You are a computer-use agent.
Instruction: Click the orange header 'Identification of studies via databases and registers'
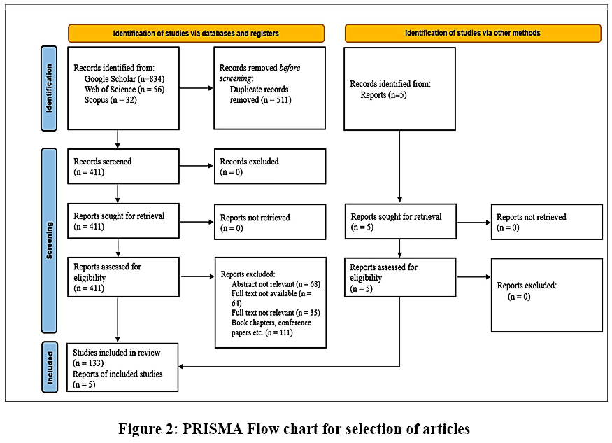[x=196, y=33]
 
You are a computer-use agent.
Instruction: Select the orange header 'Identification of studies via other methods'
[x=473, y=33]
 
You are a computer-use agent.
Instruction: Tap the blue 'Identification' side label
[x=49, y=88]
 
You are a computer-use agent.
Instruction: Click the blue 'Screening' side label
[x=49, y=240]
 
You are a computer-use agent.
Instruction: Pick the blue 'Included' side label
[x=50, y=367]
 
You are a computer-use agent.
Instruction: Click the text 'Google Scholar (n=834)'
[x=124, y=78]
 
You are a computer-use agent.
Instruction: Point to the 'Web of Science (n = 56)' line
[x=124, y=89]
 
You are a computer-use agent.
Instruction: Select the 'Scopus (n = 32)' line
[x=111, y=99]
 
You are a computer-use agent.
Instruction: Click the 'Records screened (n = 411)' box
[x=123, y=167]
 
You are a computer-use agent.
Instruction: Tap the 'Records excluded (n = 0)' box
[x=270, y=167]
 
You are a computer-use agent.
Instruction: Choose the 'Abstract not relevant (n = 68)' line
[x=276, y=284]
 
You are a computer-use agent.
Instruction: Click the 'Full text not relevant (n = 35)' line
[x=276, y=313]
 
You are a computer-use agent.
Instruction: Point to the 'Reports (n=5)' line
[x=383, y=95]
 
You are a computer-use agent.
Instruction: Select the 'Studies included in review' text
[x=116, y=352]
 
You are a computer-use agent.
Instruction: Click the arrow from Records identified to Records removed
[x=197, y=88]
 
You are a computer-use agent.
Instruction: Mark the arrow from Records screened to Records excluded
[x=197, y=166]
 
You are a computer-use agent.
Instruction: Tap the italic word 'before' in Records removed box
[x=290, y=68]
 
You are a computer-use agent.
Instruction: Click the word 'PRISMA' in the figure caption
[x=211, y=429]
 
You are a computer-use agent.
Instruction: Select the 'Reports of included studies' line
[x=118, y=374]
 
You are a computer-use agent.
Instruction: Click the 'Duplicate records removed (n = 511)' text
[x=260, y=94]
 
